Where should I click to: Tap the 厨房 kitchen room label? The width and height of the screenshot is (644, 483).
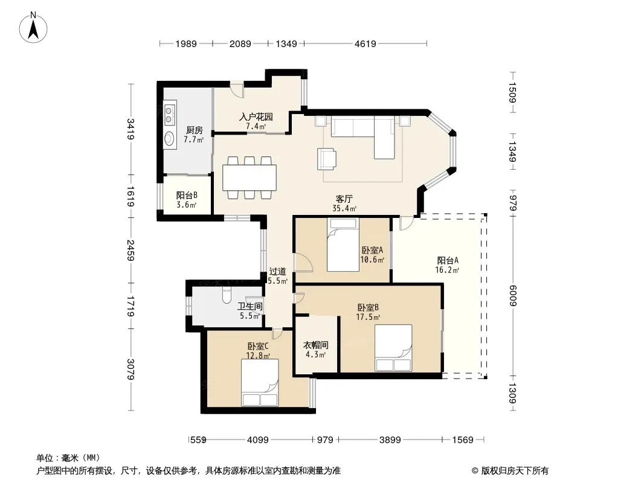195,130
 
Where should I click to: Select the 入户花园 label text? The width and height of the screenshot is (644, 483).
256,117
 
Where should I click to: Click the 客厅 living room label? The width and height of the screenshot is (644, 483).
344,199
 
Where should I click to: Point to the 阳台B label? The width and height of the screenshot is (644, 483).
187,196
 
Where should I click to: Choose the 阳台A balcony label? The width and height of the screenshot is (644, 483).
447,260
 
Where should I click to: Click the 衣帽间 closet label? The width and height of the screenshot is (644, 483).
315,345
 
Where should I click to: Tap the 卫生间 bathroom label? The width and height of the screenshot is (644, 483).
250,306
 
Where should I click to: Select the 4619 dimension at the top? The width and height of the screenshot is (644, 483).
365,43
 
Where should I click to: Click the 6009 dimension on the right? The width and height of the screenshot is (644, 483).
512,295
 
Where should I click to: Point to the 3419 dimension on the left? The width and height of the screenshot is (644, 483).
130,129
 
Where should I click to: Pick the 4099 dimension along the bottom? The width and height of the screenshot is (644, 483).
257,440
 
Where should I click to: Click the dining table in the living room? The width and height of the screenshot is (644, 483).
250,178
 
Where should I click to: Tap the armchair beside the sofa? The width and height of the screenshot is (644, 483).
326,159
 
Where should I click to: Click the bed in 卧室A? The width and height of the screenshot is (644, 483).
343,245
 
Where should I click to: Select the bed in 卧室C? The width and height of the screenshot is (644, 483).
260,382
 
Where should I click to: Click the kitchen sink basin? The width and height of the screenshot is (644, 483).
169,138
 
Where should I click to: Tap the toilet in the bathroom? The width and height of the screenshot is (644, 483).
227,295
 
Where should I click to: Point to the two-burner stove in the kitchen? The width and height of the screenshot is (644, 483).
169,115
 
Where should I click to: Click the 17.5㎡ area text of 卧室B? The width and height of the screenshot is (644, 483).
368,317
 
